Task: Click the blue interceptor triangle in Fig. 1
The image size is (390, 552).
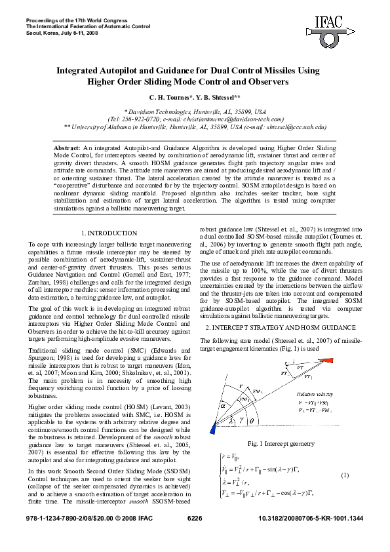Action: [x=212, y=427]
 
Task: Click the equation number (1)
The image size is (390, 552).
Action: [x=345, y=474]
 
